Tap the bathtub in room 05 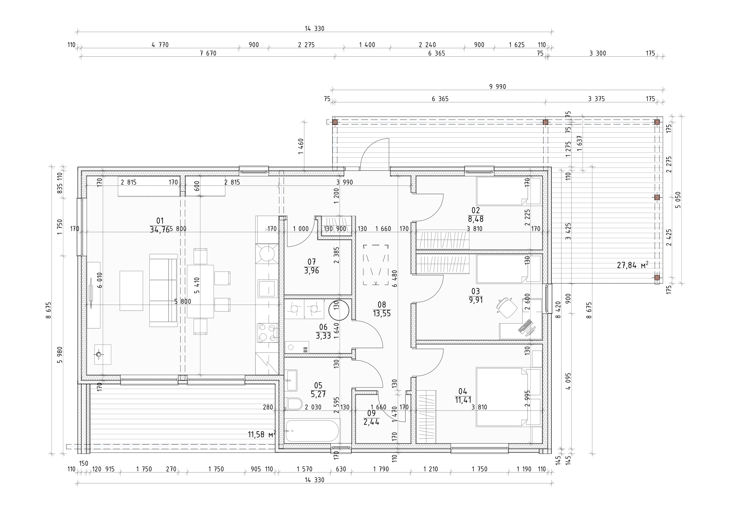click(x=312, y=431)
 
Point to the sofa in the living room click(x=164, y=290)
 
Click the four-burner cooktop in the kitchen click(x=268, y=333)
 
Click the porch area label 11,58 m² click(x=262, y=435)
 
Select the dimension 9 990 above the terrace click(x=498, y=87)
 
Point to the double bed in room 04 click(x=501, y=397)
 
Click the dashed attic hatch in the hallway click(x=376, y=265)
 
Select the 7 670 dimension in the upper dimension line click(x=208, y=53)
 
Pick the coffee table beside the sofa click(x=131, y=291)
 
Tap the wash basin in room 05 click(x=292, y=380)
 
